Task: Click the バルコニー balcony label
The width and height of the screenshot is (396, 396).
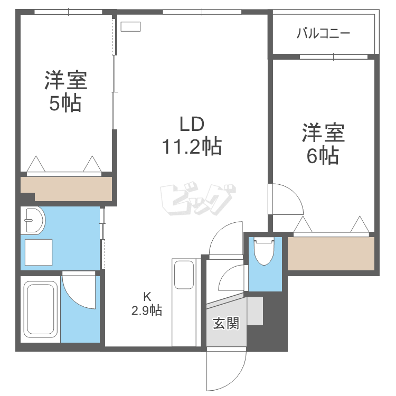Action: (323, 34)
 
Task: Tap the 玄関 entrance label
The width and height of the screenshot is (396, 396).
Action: (226, 323)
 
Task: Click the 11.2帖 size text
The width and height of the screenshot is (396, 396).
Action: (192, 146)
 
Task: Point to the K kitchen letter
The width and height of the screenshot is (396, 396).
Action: (149, 296)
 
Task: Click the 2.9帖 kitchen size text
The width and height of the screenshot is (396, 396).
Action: (147, 310)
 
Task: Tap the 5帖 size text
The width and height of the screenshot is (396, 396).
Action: (65, 103)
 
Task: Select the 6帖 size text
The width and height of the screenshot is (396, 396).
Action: (323, 156)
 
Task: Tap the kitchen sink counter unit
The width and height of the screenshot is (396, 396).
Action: (184, 301)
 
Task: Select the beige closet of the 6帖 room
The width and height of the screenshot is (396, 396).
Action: (331, 253)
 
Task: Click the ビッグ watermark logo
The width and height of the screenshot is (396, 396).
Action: (196, 200)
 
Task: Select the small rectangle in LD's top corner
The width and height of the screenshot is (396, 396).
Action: (131, 26)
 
